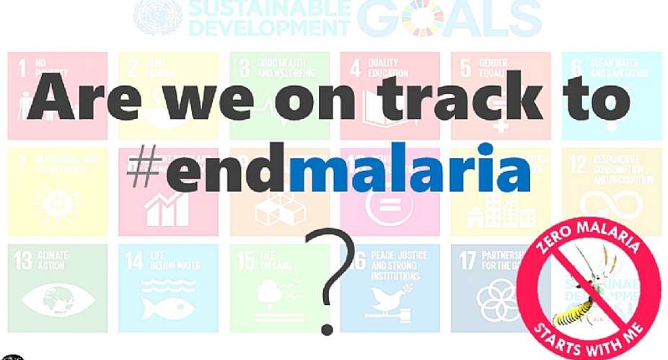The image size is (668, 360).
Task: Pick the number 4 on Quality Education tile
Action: (x=355, y=69)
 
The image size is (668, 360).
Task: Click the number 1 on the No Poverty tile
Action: (x=22, y=69)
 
